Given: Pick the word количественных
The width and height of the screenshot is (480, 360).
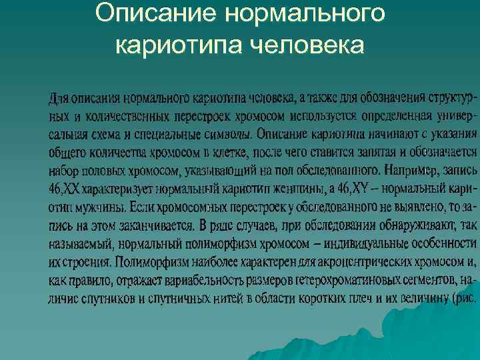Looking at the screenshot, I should (x=119, y=117).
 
